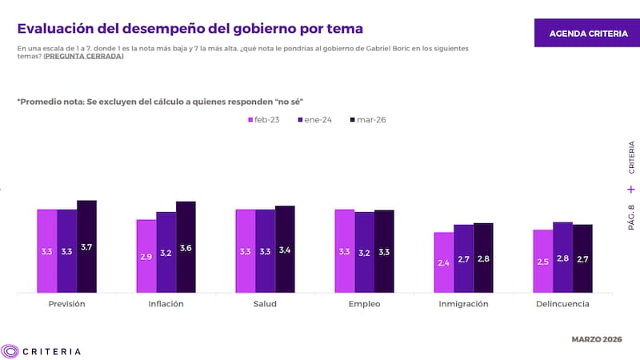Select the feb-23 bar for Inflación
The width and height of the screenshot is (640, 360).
click(146, 256)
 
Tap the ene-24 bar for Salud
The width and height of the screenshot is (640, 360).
click(266, 251)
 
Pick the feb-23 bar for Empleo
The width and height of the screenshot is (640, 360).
click(345, 251)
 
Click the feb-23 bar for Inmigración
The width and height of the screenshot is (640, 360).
click(444, 262)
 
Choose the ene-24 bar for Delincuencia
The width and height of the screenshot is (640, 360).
click(563, 257)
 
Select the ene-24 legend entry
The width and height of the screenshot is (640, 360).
click(314, 120)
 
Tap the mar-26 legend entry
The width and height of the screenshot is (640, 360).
click(367, 120)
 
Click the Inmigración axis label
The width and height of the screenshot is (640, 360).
click(464, 304)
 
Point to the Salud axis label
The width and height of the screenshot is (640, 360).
click(266, 304)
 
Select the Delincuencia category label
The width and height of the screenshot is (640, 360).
click(563, 304)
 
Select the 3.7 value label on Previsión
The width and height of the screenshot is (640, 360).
click(86, 247)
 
